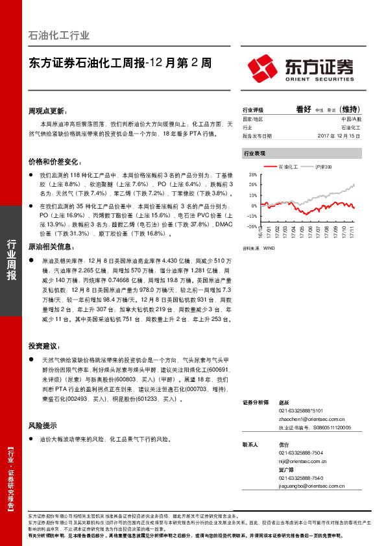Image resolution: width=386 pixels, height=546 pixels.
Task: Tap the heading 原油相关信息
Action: point(53,247)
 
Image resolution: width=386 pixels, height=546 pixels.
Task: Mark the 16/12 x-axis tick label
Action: point(259,232)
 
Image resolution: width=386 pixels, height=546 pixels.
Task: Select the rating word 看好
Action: point(304,110)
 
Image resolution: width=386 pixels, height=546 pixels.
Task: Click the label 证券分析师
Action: point(255,403)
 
